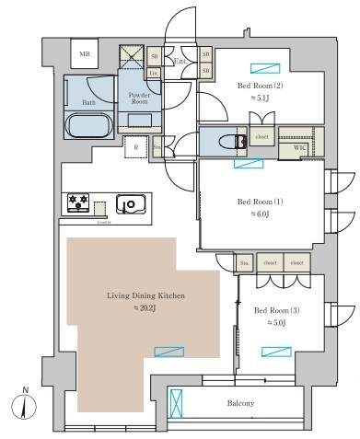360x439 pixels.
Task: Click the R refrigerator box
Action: coord(136,147)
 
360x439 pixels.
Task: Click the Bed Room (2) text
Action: coord(254,86)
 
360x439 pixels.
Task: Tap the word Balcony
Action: coord(241,403)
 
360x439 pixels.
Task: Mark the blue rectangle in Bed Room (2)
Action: coord(262,67)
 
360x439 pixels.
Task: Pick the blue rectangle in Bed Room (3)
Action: coord(276,351)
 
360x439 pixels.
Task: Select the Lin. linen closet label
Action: coord(155,72)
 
